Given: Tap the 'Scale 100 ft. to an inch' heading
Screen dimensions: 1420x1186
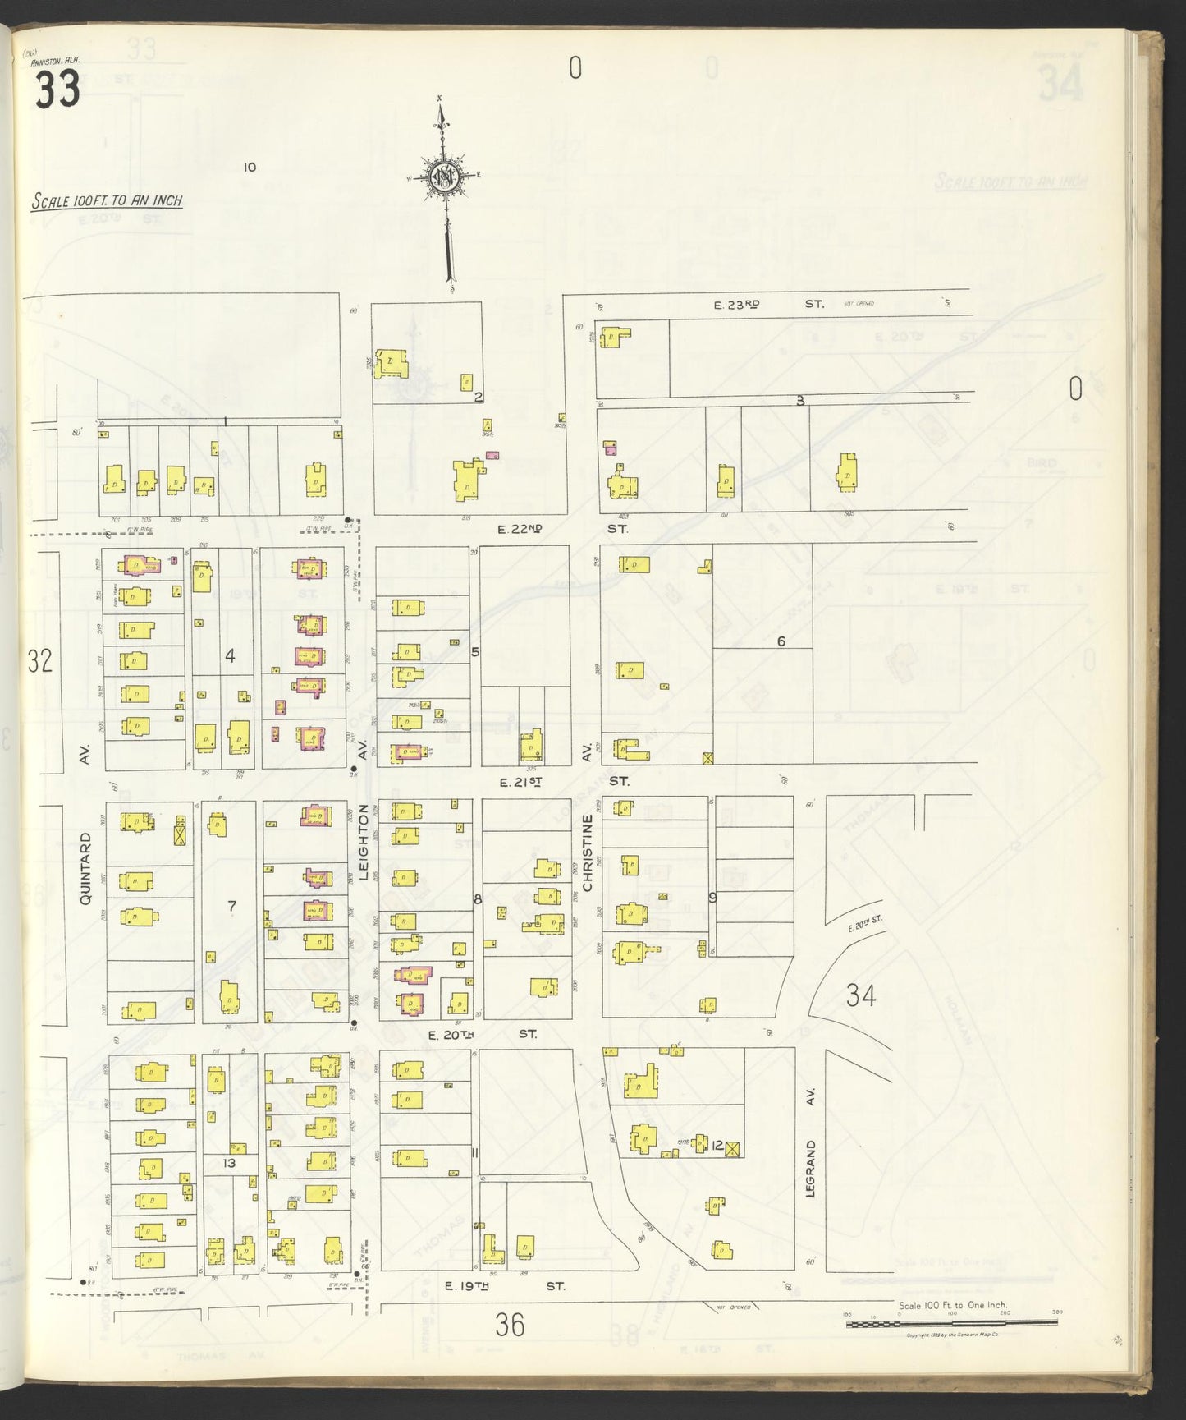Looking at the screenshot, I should click(x=107, y=200).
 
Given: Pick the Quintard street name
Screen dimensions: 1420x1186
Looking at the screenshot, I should click(x=85, y=869).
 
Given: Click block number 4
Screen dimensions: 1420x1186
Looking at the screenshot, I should click(x=231, y=655).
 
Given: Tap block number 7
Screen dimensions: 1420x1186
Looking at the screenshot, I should click(x=231, y=906).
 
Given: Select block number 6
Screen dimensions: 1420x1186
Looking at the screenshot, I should click(x=781, y=641).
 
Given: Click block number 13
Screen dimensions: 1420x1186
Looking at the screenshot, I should click(x=229, y=1163).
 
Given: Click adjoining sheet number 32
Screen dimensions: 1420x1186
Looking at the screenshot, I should click(x=39, y=661).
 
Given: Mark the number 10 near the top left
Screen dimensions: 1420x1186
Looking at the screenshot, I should click(x=250, y=168).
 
